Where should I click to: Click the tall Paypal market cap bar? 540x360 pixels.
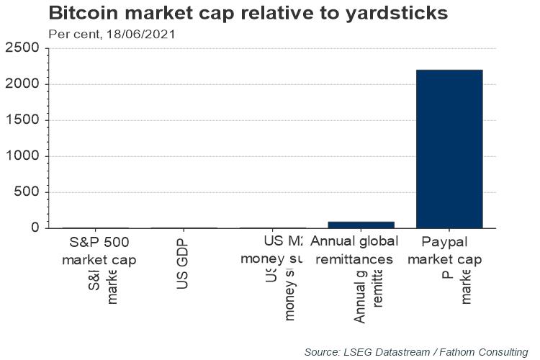point(449,148)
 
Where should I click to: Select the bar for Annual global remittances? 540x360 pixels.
point(352,225)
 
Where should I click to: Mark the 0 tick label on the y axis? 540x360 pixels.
point(35,228)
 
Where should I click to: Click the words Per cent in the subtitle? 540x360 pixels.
point(71,33)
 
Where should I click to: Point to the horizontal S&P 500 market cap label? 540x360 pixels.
point(99,251)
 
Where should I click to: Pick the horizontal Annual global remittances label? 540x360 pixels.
point(352,251)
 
